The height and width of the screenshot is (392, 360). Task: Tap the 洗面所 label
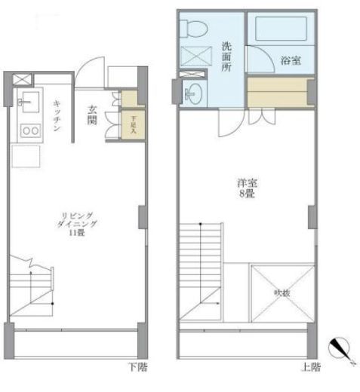point(227,57)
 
